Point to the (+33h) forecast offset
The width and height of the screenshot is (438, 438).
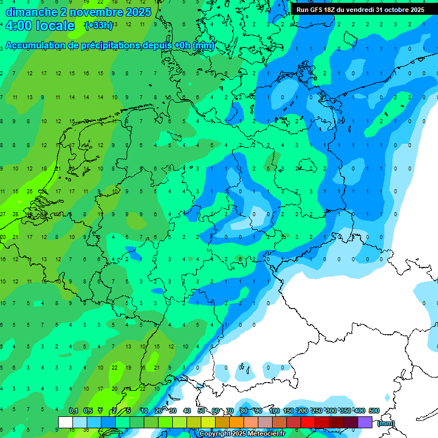click(99, 26)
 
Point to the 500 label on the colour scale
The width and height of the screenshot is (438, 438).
click(374, 411)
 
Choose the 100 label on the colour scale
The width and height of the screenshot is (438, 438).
click(274, 411)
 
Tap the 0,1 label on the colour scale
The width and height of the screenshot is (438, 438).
click(74, 411)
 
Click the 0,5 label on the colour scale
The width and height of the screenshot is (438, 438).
click(88, 411)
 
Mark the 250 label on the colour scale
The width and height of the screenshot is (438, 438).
click(317, 411)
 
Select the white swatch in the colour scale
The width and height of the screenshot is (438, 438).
click(66, 422)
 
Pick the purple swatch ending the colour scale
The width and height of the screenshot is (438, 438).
click(365, 422)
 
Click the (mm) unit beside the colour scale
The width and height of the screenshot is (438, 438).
click(386, 423)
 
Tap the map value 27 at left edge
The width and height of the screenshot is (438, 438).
click(3, 214)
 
